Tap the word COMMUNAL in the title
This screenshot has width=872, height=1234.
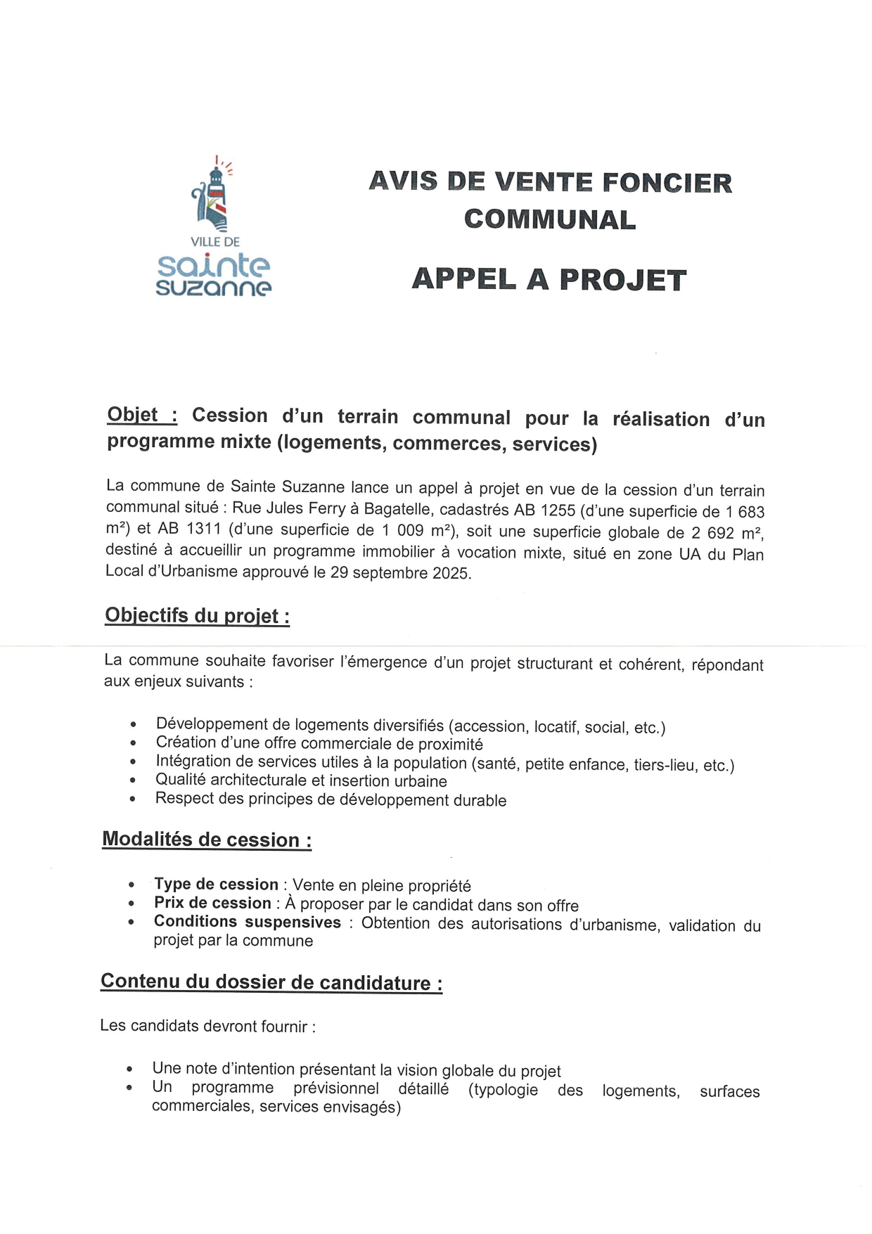550,220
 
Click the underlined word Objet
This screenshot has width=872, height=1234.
132,415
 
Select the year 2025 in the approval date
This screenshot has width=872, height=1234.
451,573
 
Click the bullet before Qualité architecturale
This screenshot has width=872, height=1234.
134,780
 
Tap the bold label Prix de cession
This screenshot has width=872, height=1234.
212,904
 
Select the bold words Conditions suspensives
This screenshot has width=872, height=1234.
248,922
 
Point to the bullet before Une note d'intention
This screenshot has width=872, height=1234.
130,1069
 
